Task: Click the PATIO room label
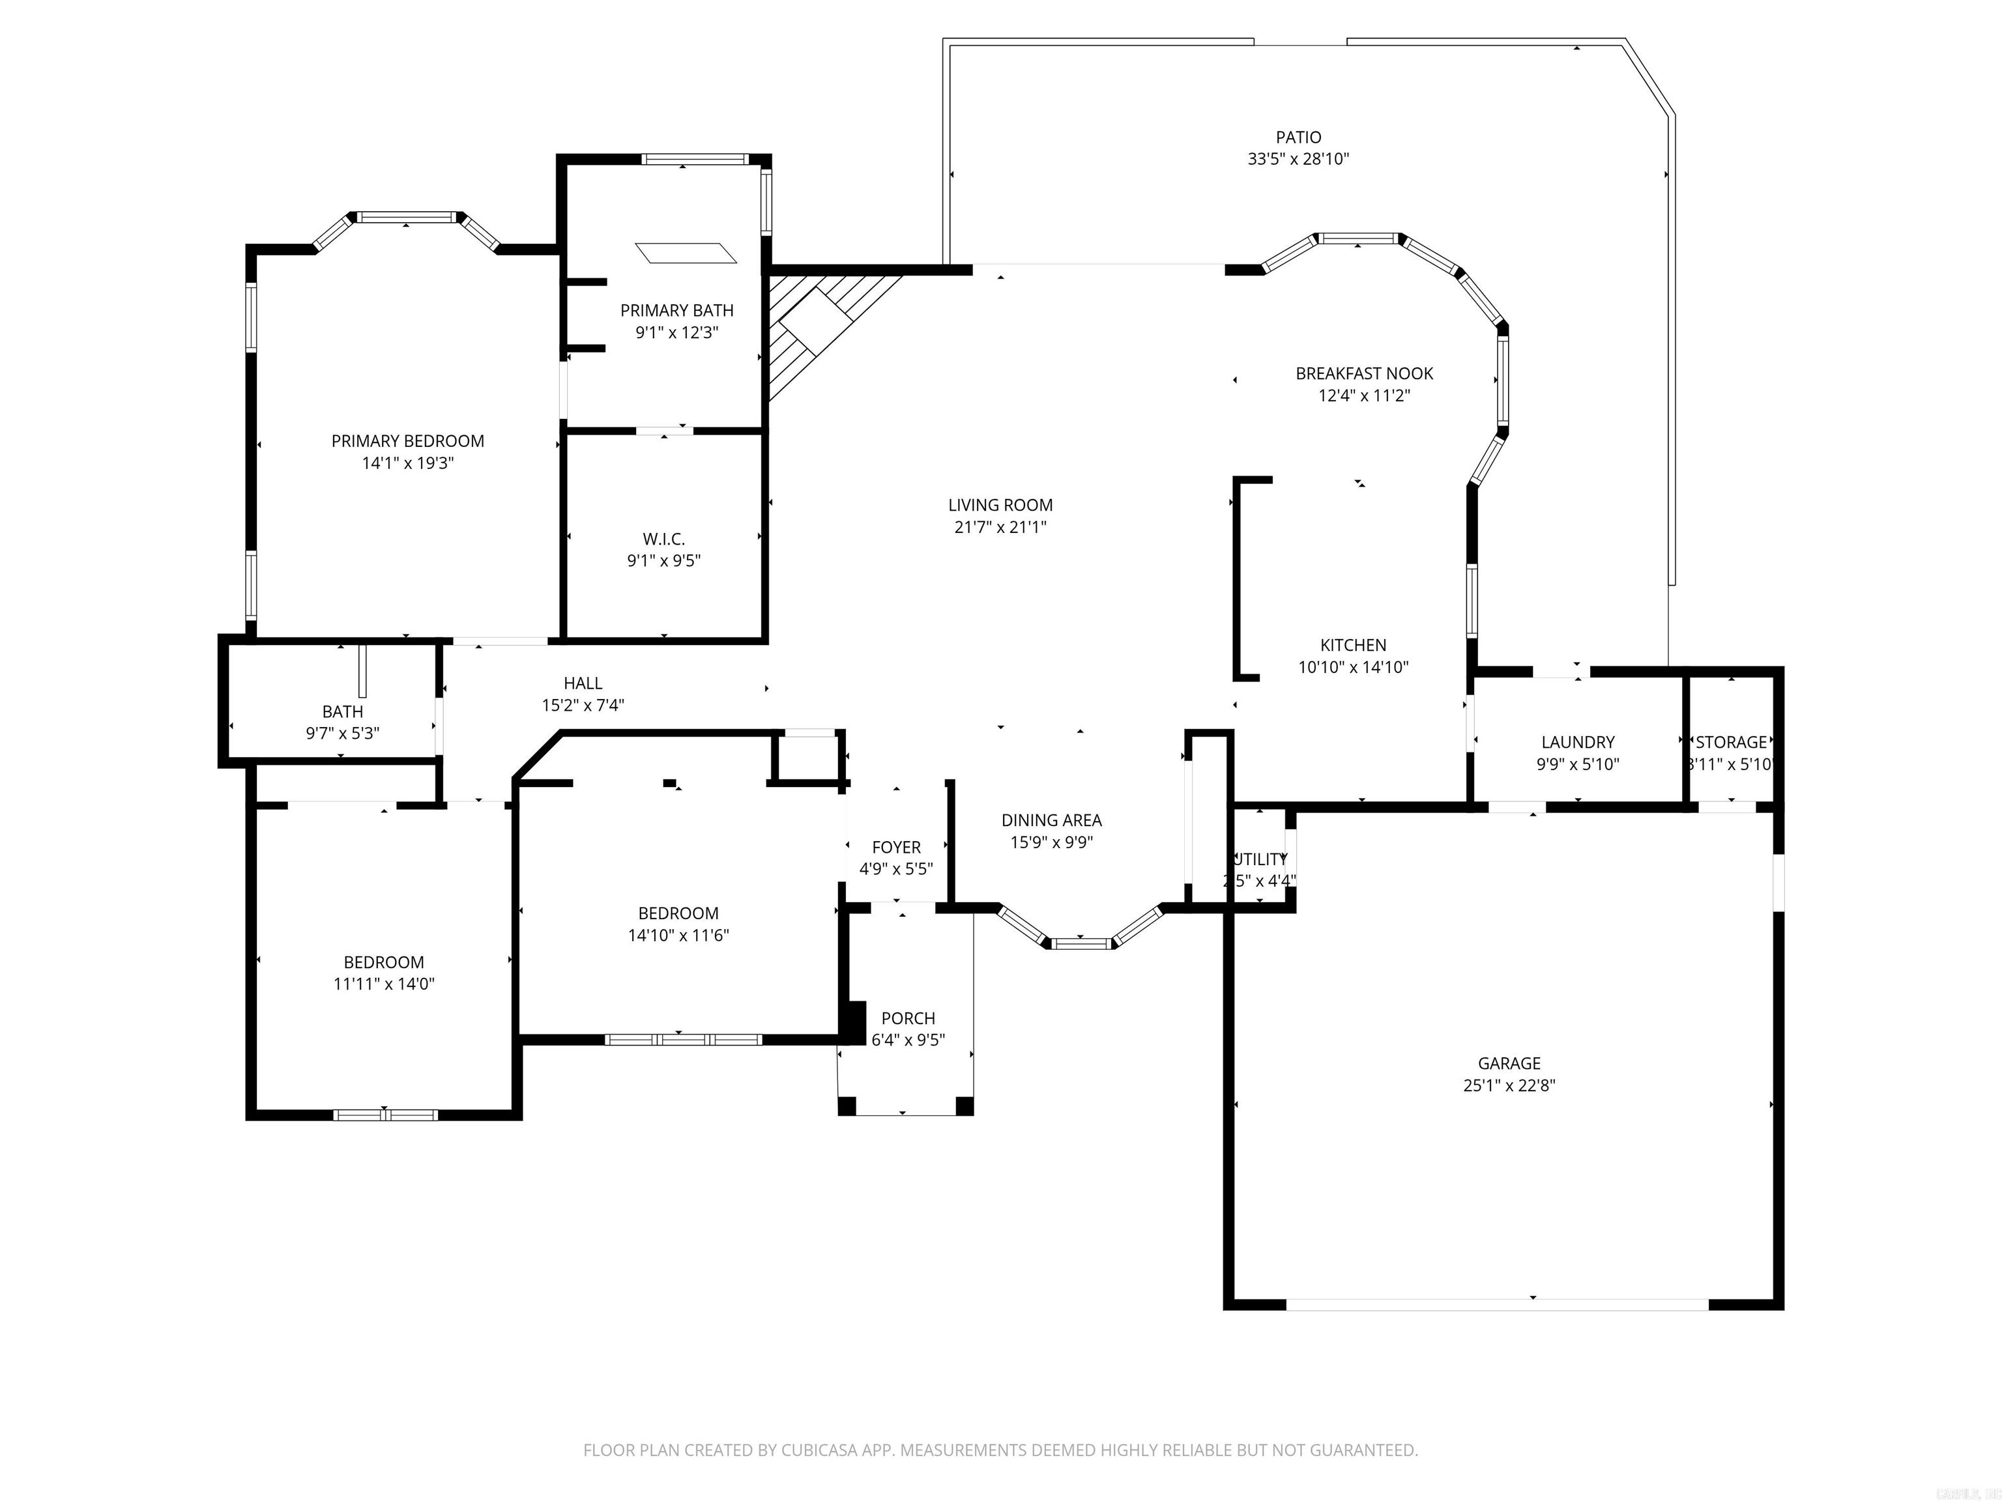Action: pos(1298,137)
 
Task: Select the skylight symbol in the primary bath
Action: pos(686,252)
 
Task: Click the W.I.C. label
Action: pos(663,539)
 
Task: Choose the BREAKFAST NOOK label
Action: pos(1364,374)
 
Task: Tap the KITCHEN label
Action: pos(1353,645)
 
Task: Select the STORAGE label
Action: pos(1730,742)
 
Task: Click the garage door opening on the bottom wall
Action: pos(1497,1305)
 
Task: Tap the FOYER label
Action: pos(896,848)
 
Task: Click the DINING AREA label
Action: pos(1051,821)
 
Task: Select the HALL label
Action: pos(583,684)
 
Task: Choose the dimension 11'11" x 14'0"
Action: pos(384,984)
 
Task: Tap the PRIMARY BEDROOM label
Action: pos(407,442)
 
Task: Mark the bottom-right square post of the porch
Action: pos(964,1106)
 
